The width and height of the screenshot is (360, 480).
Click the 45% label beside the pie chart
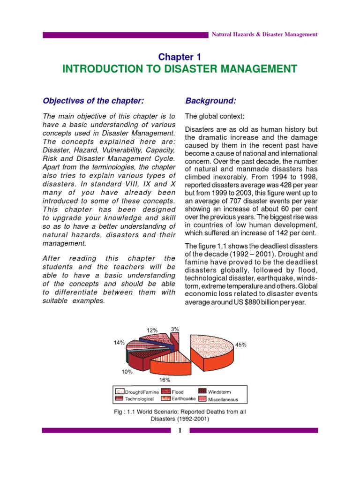[x=241, y=345]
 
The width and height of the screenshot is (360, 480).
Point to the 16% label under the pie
[x=165, y=379]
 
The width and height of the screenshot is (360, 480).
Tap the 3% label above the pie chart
[x=175, y=329]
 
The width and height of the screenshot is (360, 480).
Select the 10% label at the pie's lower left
[x=127, y=372]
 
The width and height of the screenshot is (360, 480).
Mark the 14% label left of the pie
[x=119, y=343]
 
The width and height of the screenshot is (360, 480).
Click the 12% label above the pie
[x=152, y=330]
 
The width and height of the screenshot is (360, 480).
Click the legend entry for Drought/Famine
[x=136, y=392]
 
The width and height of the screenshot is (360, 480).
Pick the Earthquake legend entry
[x=179, y=399]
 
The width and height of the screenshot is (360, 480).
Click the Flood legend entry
[x=173, y=392]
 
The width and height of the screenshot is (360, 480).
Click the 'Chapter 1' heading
[x=180, y=57]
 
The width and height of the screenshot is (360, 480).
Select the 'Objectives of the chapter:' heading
[x=93, y=101]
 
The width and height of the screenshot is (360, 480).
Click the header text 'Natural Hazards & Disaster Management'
[x=265, y=35]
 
